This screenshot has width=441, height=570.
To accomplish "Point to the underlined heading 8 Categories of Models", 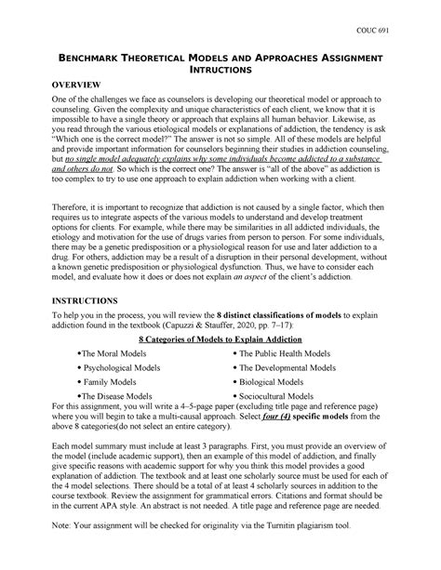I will point(220,342).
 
